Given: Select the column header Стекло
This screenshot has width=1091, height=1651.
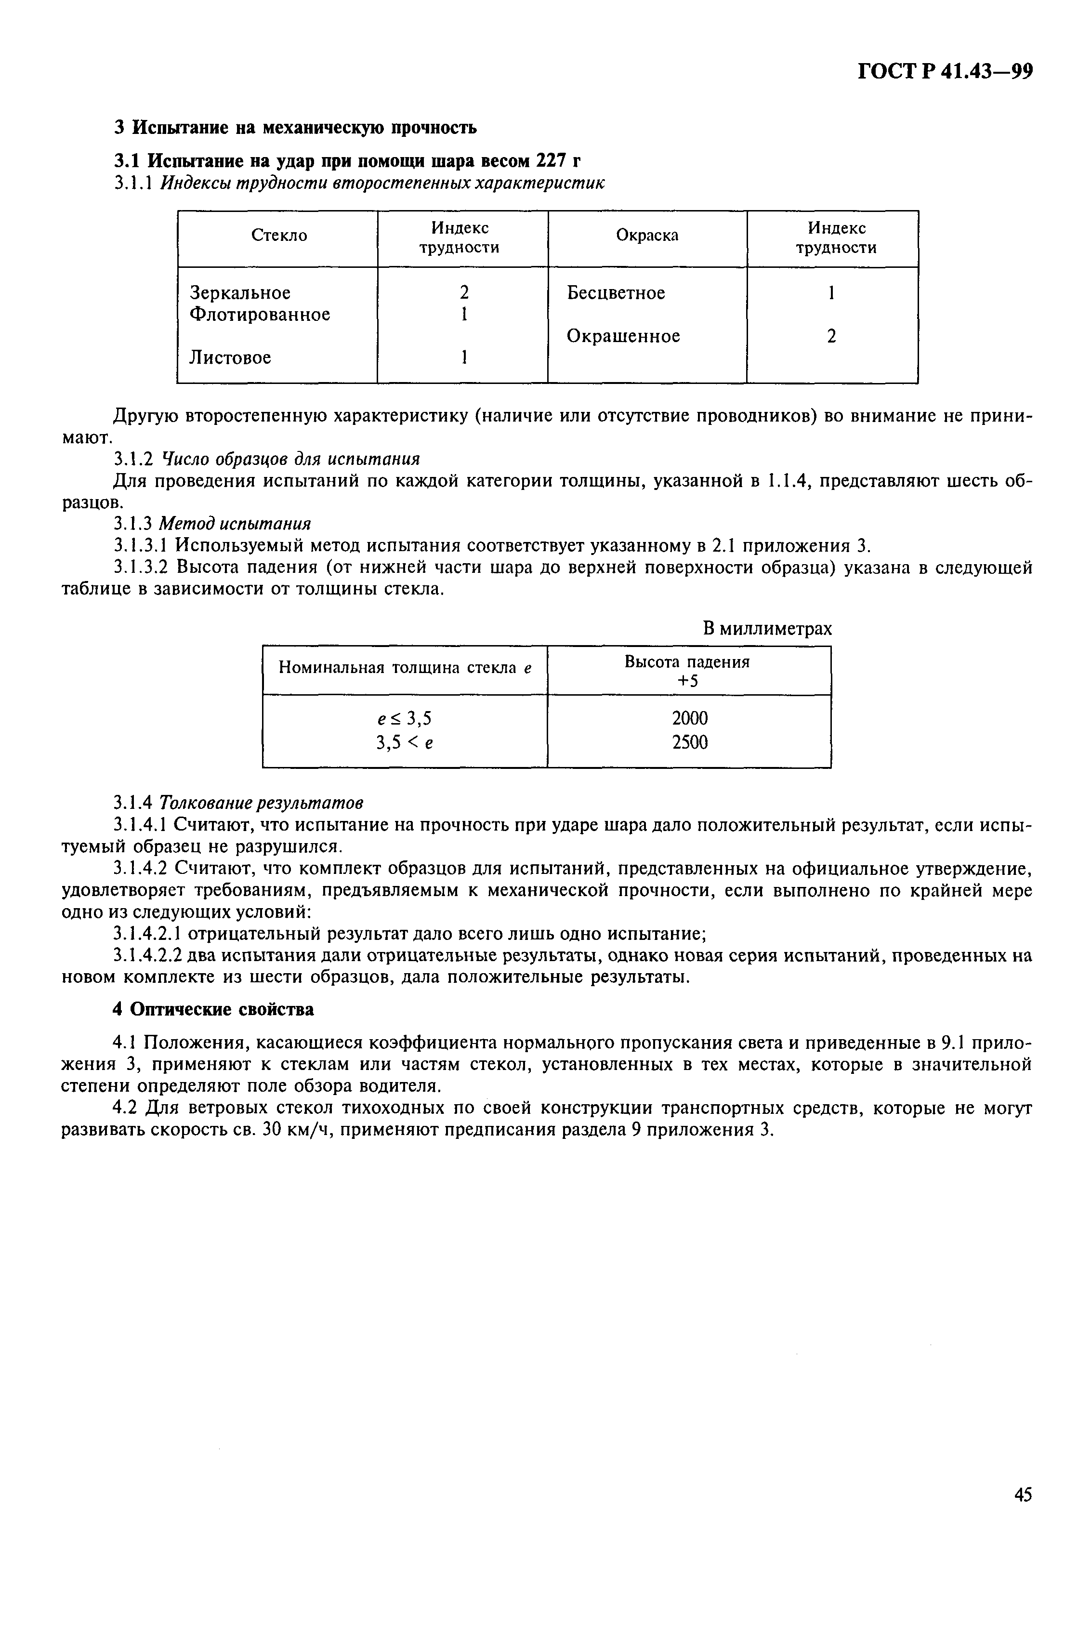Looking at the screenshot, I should (278, 237).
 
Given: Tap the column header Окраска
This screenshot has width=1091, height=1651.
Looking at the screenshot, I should (647, 237).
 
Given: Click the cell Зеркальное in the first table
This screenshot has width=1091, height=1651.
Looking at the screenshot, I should (240, 293).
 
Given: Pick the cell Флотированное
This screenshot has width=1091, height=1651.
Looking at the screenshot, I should (260, 315).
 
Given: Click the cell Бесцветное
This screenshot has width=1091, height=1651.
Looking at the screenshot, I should (616, 293).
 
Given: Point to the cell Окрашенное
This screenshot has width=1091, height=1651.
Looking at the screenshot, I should (623, 337).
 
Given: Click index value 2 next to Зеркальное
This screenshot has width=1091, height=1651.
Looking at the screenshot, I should (463, 293).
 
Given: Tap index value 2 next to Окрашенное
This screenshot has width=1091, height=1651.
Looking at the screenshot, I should (831, 337).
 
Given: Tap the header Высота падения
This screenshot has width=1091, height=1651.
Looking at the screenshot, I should (687, 661).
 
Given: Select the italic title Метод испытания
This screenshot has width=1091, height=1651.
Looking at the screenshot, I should (235, 523).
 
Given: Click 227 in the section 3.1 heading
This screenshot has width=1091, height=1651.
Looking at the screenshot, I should (552, 161).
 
